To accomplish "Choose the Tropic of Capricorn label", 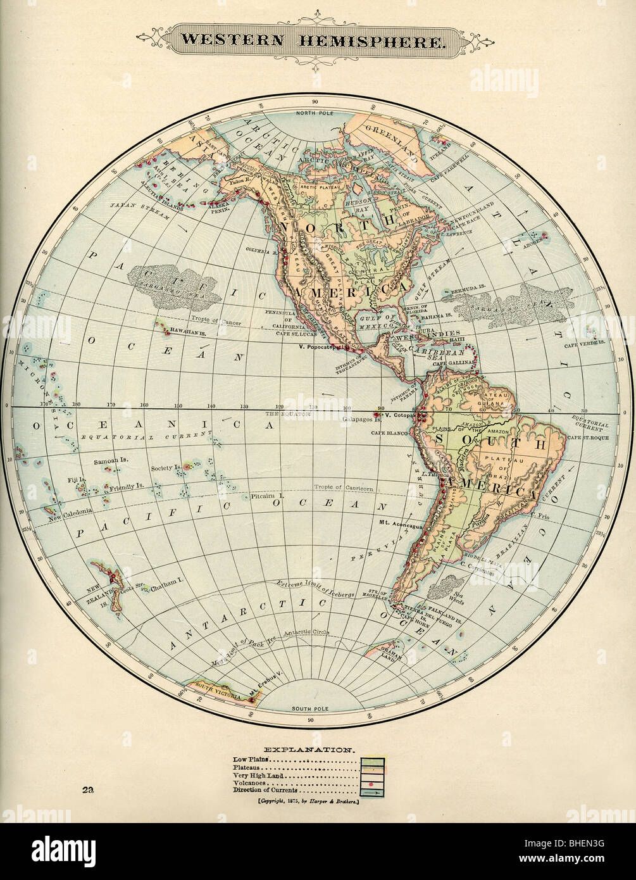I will (344, 487).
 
